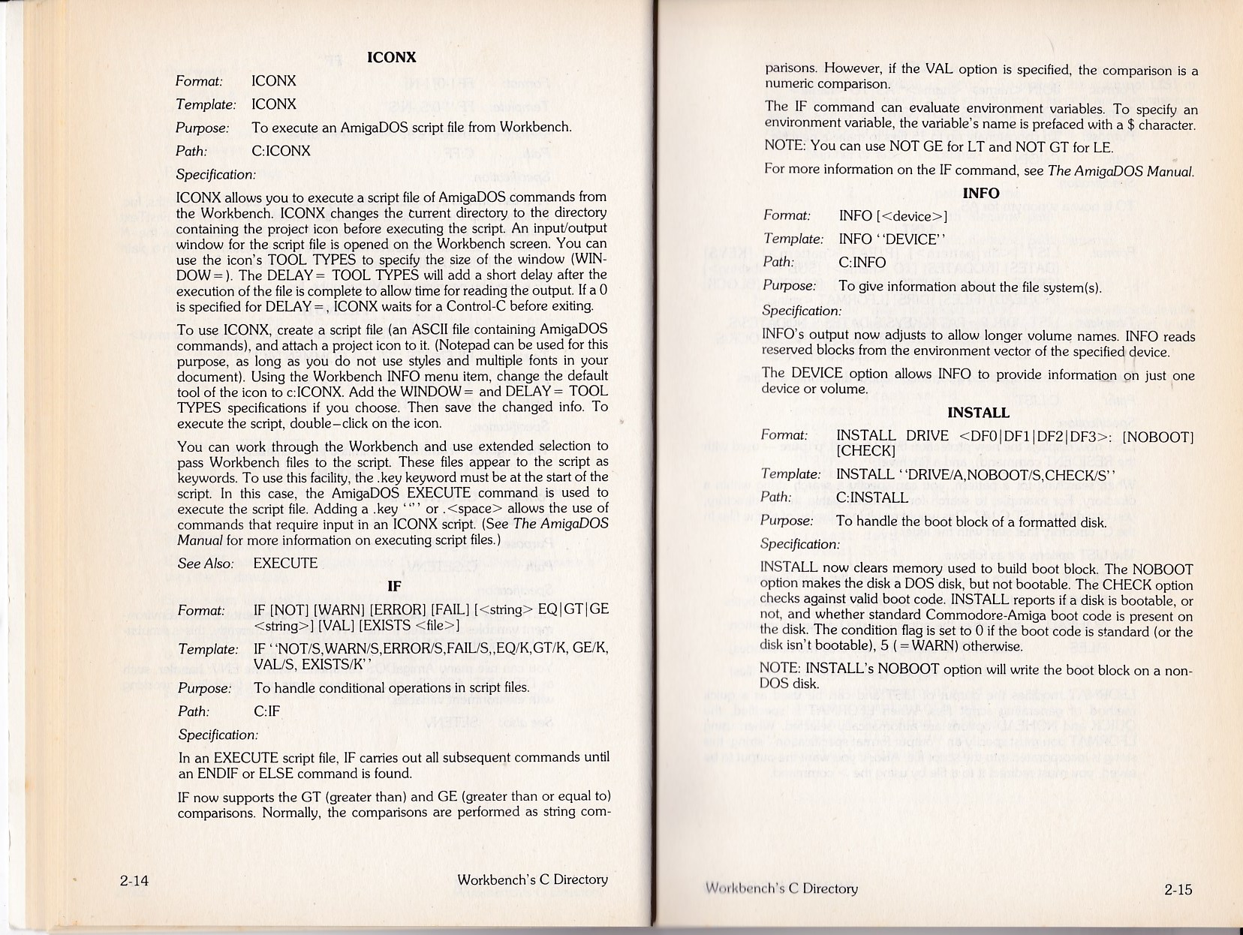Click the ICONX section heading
pos(391,57)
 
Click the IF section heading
pos(393,586)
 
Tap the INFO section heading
pos(980,193)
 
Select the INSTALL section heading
pos(978,413)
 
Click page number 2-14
pos(134,880)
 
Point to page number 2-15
pos(1178,890)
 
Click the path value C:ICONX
pos(281,150)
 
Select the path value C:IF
pos(266,711)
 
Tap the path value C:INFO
pos(862,262)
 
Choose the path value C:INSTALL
pos(872,497)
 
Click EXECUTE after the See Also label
pos(285,563)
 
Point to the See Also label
pos(205,563)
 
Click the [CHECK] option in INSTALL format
pos(865,451)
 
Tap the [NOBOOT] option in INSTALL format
pos(1157,436)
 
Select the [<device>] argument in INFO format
pos(912,216)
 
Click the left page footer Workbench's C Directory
pos(532,879)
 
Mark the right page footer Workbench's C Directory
pos(781,888)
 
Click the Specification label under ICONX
pos(215,174)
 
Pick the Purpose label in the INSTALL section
pos(787,521)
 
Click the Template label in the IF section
pos(208,649)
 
